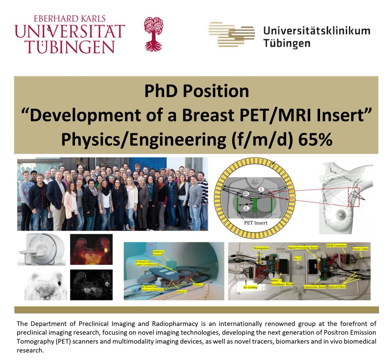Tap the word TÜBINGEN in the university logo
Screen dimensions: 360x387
[x=70, y=47]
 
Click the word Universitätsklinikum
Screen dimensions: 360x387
[x=317, y=31]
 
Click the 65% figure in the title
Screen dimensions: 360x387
[x=315, y=140]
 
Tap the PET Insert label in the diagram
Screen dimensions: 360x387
[x=256, y=223]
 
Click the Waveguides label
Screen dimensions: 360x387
[x=261, y=249]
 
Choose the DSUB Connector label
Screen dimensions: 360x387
[x=336, y=246]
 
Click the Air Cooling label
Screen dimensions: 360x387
[x=250, y=287]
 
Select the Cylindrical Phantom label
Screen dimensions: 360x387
[x=159, y=254]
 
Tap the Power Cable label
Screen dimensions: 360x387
[x=360, y=249]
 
